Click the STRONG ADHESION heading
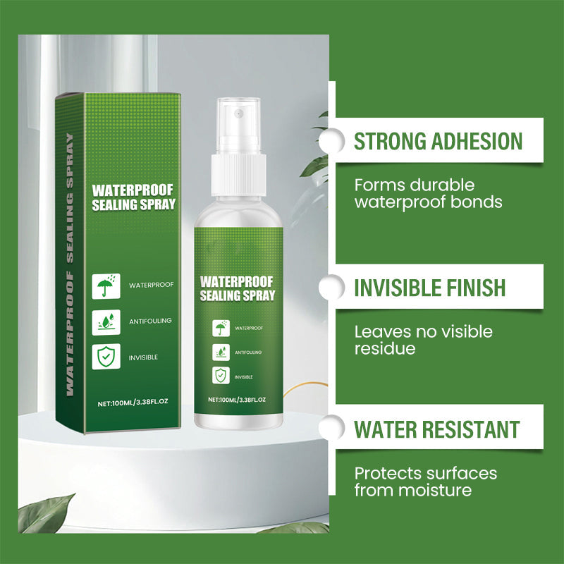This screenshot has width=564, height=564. (x=438, y=141)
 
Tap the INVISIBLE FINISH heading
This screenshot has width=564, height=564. (x=429, y=288)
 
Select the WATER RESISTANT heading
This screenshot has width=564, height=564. (x=437, y=429)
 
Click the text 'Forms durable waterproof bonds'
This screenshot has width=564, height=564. (x=428, y=194)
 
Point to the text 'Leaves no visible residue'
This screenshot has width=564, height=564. (x=423, y=340)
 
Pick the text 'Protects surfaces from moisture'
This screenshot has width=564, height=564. (x=426, y=481)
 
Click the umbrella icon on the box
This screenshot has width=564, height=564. (x=106, y=286)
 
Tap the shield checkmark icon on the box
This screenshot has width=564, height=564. (x=106, y=357)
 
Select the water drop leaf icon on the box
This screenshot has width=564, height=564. (x=106, y=321)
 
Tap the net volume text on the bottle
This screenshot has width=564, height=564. (x=237, y=400)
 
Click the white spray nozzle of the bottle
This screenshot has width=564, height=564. (x=237, y=125)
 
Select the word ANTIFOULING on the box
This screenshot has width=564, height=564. (x=149, y=321)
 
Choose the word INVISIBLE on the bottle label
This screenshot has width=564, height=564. (x=244, y=376)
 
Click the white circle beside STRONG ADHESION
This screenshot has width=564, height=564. (x=329, y=141)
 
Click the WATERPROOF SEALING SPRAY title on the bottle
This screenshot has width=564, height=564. (x=237, y=288)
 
